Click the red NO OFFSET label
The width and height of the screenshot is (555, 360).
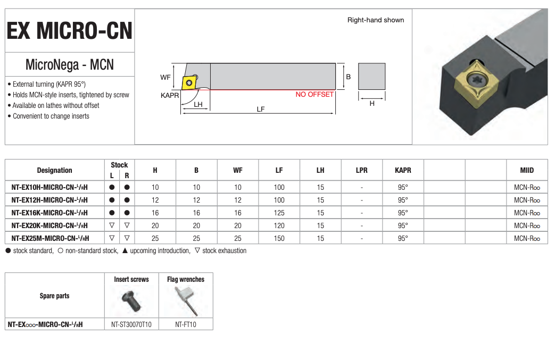314,95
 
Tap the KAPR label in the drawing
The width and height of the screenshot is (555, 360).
170,96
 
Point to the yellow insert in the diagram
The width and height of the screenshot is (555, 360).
189,82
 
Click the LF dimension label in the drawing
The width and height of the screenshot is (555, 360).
261,109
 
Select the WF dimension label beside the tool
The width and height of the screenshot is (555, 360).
165,77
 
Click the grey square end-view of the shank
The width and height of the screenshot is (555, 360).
371,77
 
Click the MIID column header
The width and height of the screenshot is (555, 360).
527,171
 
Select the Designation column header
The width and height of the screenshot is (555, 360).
54,171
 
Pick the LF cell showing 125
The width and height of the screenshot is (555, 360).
279,213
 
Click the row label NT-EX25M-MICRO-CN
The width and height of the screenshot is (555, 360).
49,238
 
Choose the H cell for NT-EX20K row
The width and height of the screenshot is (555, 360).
155,225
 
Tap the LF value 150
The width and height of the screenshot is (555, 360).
279,238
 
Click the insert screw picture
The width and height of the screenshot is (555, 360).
131,300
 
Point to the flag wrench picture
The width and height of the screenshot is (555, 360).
186,300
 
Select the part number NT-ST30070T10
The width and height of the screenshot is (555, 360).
131,324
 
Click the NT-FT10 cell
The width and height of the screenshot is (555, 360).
186,324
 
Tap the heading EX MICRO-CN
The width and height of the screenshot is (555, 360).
69,31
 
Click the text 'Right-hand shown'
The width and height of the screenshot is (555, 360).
376,20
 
